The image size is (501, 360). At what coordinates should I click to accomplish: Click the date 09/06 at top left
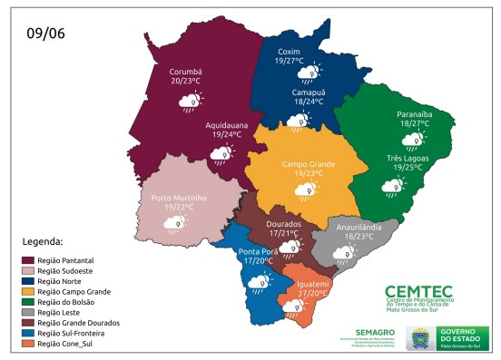pos(44,34)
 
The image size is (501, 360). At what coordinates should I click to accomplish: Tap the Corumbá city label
pos(186,71)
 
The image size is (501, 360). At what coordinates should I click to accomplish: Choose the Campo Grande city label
pos(309,163)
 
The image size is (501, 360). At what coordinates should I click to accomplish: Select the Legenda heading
pos(43,242)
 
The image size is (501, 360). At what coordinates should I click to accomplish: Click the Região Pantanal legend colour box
pos(30,261)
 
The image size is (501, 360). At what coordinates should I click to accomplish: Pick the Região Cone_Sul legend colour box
pos(30,344)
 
